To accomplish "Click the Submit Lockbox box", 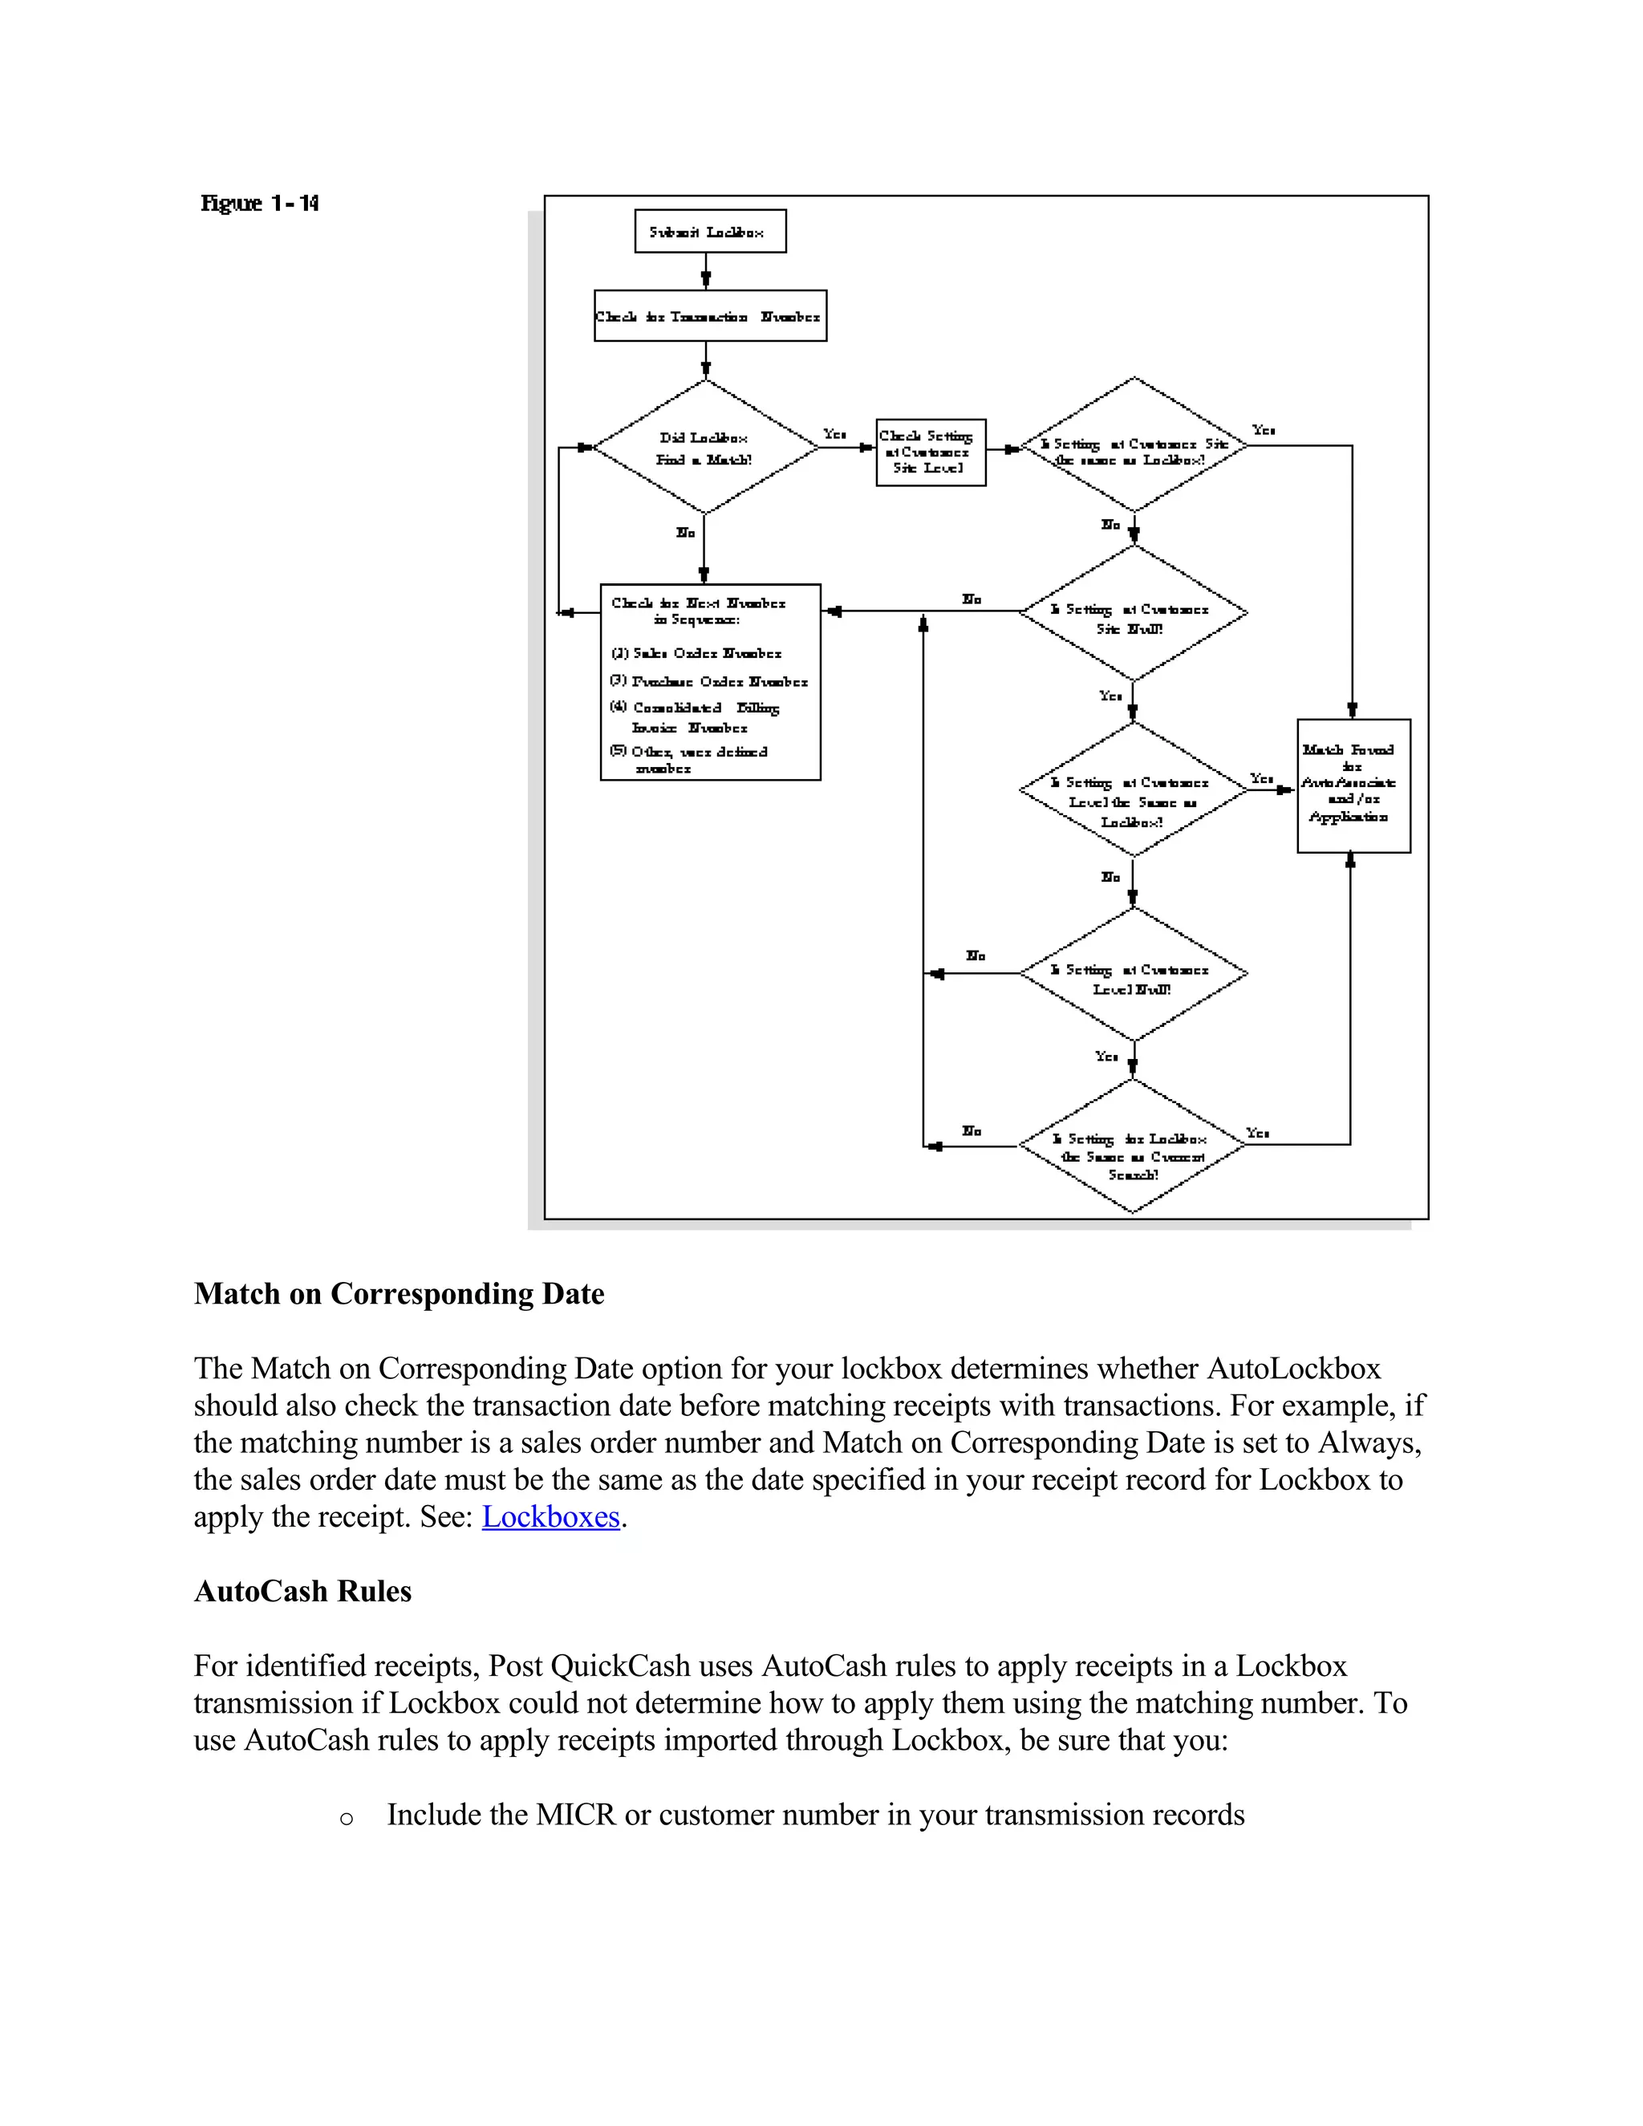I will coord(709,232).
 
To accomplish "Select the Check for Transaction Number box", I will coord(709,315).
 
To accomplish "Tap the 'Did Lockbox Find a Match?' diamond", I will coord(704,447).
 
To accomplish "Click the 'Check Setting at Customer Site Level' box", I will coord(931,452).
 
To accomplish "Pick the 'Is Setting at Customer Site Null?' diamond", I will coord(1133,613).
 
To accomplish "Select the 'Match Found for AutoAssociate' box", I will coord(1353,785).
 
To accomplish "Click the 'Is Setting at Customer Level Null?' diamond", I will coord(1133,975).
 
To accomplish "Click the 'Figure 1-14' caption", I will coord(260,204).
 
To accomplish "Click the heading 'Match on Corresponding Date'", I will coord(399,1294).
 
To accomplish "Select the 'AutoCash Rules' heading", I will coord(302,1592).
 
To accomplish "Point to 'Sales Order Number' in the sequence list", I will coord(706,653).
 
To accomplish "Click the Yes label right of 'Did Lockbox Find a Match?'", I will coord(834,434).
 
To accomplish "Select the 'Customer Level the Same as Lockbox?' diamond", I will coord(1133,790).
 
